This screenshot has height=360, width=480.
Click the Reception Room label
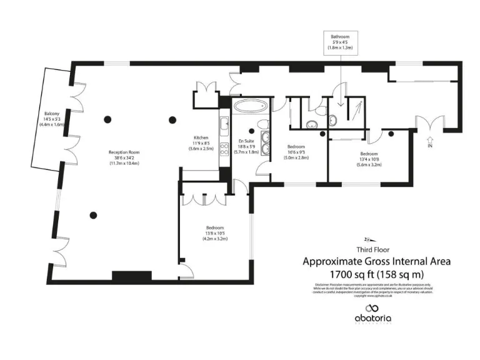click(123, 157)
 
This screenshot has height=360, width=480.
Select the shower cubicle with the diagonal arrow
click(356, 112)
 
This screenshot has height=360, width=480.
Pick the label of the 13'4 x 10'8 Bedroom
click(368, 158)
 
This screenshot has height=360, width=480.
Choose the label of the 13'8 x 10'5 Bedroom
click(215, 232)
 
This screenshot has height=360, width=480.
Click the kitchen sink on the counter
click(224, 121)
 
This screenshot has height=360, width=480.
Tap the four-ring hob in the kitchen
click(224, 157)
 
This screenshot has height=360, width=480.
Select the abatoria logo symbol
click(373, 308)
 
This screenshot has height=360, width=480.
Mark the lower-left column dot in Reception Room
click(94, 214)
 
